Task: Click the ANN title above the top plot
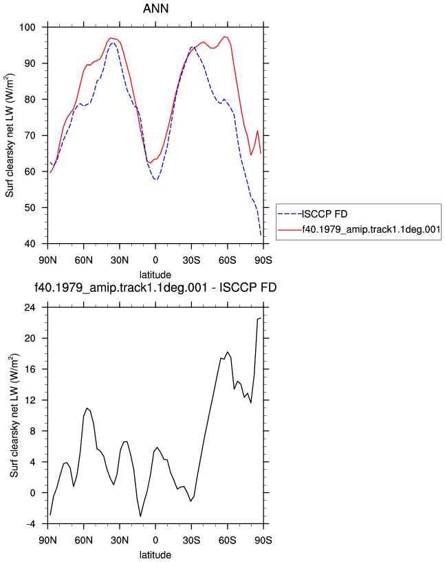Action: click(155, 8)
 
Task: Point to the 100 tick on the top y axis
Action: click(28, 28)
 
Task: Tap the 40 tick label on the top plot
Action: click(30, 244)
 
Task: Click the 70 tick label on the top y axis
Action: click(30, 136)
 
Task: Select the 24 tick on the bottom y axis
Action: click(30, 308)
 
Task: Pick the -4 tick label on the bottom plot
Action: click(31, 524)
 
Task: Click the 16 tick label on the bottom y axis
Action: click(30, 369)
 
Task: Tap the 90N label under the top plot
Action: click(47, 260)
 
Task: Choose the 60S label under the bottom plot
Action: click(228, 540)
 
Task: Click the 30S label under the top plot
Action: click(191, 260)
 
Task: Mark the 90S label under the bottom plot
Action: click(263, 540)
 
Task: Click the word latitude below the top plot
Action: click(155, 275)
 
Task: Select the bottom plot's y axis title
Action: click(14, 415)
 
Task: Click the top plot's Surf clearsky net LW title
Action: click(10, 136)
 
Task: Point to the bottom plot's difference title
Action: click(155, 287)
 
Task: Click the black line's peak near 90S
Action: click(261, 318)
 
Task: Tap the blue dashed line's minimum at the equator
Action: click(156, 180)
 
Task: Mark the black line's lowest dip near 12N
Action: click(141, 516)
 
